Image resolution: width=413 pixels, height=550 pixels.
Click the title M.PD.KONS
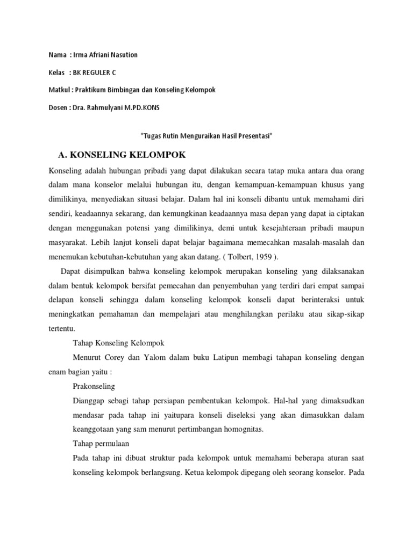pos(145,107)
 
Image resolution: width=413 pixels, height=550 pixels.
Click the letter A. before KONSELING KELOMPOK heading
pos(63,155)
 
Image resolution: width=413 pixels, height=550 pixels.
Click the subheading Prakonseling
pos(94,386)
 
